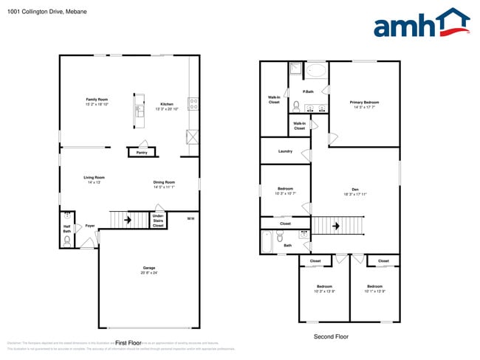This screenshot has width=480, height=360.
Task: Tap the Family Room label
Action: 97,100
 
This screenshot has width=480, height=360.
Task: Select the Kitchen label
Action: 167,104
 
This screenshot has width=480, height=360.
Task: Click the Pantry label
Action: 141,153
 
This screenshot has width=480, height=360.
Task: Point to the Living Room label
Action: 94,178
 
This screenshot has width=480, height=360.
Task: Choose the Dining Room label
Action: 164,183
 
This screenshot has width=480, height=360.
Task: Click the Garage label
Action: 149,268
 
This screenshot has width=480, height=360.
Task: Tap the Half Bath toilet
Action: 66,239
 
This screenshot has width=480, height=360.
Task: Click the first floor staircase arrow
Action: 128,219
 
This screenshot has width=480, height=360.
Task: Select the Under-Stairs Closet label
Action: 158,220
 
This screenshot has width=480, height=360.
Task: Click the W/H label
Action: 190,218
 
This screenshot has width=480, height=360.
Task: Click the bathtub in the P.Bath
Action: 316,72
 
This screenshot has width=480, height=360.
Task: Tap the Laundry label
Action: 285,151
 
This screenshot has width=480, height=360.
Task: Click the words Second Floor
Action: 331,336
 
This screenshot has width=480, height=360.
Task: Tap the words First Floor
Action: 128,343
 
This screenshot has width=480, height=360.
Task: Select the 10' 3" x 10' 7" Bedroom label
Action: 285,191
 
